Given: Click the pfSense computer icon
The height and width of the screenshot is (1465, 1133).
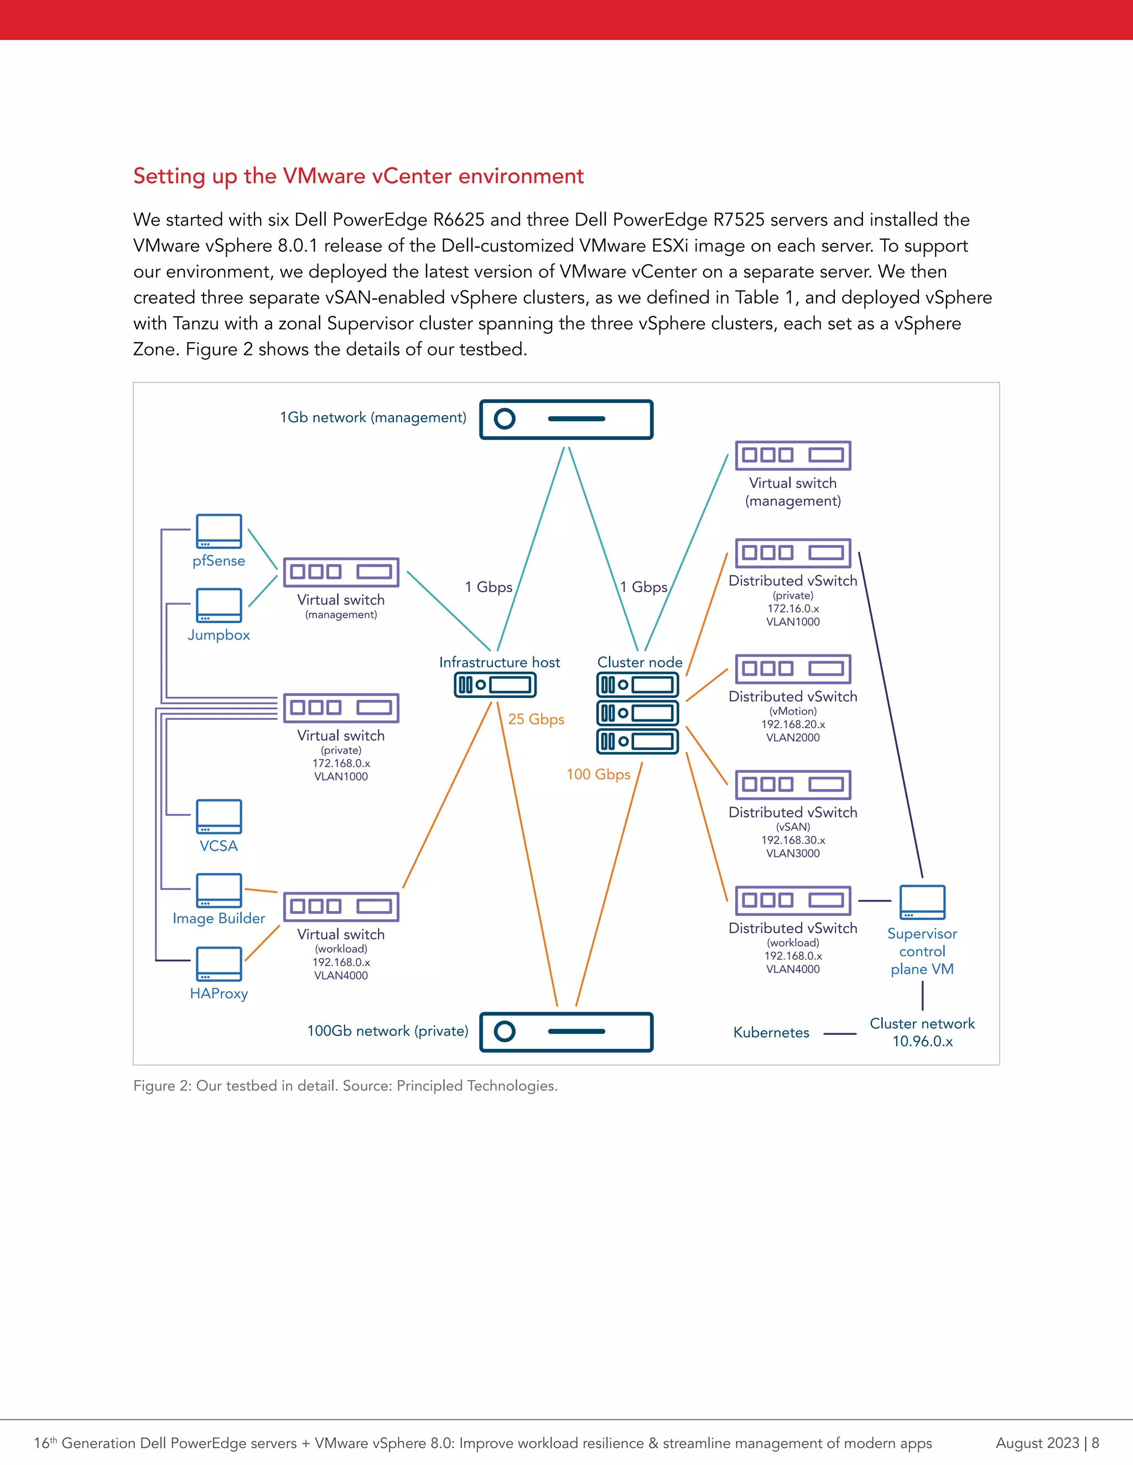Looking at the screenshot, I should pos(219,531).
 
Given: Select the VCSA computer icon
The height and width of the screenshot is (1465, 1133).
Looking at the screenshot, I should pos(219,817).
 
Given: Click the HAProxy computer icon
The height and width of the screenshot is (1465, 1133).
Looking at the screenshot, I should pos(219,964).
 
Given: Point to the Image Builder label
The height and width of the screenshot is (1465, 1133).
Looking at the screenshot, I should pos(219,918).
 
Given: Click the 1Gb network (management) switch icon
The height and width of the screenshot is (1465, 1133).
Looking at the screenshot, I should pos(566,419).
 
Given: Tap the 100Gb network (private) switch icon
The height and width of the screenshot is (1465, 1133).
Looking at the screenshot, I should pos(566,1032).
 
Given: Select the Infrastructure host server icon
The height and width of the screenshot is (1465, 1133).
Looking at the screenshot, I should pos(495,685).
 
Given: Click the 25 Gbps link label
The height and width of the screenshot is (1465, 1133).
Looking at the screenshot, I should pos(536,719).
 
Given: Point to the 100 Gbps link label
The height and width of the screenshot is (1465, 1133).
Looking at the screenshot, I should pos(598,774).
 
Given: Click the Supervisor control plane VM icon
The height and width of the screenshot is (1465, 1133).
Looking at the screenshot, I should pos(922,902).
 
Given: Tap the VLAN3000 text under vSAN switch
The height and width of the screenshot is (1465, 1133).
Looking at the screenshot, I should pos(793,853).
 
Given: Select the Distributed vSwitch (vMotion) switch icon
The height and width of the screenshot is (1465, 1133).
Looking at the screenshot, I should pos(793,669).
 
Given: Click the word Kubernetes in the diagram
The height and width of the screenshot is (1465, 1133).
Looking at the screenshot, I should pos(771,1032).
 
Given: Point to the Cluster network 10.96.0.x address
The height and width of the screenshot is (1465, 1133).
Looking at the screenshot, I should pos(922,1041).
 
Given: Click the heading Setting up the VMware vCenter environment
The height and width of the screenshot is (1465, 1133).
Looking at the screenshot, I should pos(358,176).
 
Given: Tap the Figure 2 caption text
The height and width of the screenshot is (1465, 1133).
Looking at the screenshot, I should pos(345,1085).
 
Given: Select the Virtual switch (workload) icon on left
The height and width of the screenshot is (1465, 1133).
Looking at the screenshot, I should pos(341,907).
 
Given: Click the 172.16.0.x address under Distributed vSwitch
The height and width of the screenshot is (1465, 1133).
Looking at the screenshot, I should pos(793,609).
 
